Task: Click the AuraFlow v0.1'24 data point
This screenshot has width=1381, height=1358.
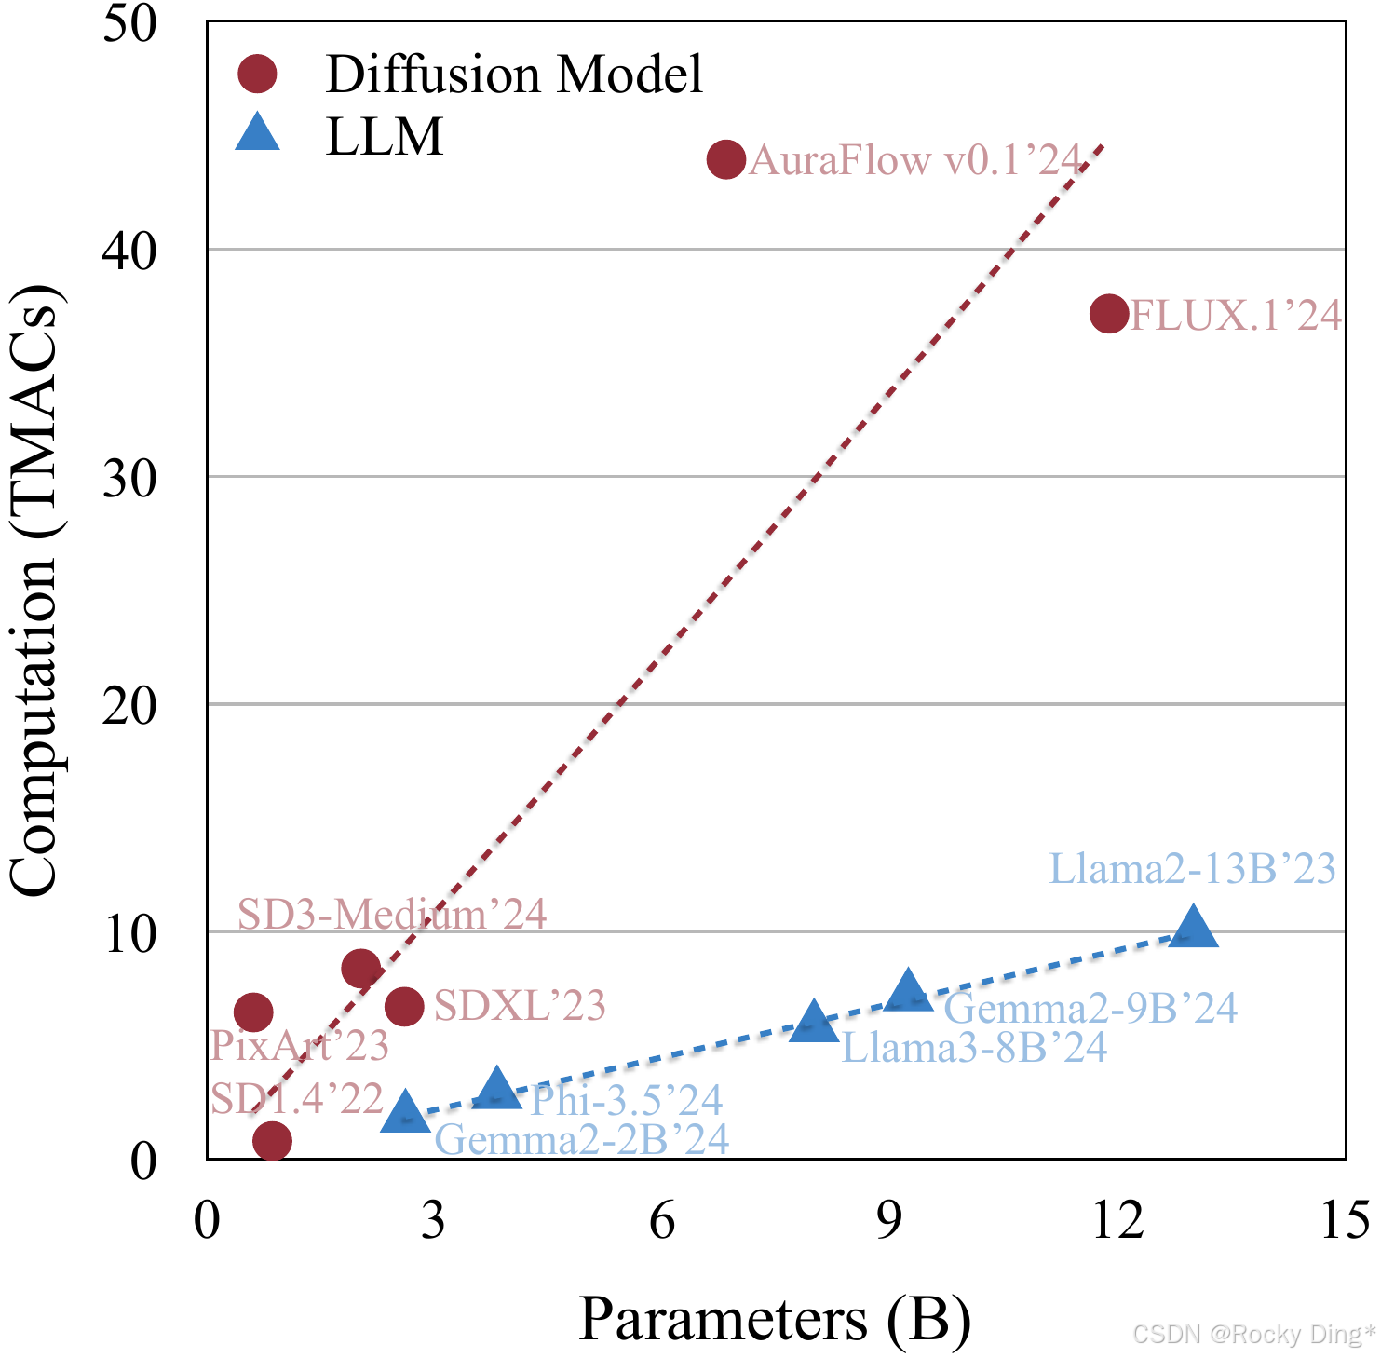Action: point(726,159)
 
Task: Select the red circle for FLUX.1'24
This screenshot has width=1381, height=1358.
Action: point(1109,314)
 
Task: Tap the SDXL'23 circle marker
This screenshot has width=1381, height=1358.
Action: point(404,1006)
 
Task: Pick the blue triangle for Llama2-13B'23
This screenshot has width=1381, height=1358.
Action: point(1193,925)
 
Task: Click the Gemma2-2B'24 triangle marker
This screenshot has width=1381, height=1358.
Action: point(405,1110)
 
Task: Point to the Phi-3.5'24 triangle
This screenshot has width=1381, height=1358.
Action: point(497,1086)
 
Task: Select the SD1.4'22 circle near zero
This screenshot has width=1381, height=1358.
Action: point(272,1140)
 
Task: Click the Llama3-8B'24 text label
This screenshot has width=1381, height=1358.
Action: point(974,1048)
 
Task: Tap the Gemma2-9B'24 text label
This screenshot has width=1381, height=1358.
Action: point(1090,1008)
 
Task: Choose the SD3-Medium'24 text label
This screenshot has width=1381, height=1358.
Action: point(392,914)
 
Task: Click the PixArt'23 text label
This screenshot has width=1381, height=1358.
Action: point(299,1045)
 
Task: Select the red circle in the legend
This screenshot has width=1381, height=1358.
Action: point(257,74)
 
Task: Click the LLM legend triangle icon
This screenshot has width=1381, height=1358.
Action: point(258,132)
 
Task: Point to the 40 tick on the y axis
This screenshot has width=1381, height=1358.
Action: point(129,251)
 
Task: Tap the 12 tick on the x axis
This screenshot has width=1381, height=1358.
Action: point(1117,1219)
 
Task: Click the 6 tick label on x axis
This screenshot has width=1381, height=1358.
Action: point(662,1219)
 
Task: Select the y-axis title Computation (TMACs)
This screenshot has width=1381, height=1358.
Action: point(35,589)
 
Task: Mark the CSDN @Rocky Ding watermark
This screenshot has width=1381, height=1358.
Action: point(1253,1334)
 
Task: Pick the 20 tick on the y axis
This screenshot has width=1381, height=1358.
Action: point(129,705)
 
